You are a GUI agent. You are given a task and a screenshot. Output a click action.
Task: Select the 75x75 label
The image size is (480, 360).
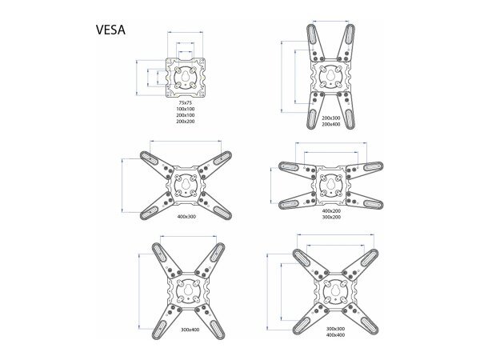(186, 103)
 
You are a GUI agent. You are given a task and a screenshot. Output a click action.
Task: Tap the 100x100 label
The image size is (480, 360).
(186, 110)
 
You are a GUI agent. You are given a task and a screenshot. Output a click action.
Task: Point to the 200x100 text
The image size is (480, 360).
(186, 116)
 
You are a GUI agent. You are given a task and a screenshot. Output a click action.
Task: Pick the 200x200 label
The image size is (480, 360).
(186, 122)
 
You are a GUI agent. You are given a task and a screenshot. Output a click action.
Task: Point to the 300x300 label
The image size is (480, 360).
(336, 328)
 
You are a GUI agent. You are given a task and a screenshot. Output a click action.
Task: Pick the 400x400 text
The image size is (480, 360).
(336, 334)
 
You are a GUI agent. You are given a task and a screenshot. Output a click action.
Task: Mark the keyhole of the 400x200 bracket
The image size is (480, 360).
(329, 184)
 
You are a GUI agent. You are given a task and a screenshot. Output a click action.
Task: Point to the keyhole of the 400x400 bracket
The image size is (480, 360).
(335, 290)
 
